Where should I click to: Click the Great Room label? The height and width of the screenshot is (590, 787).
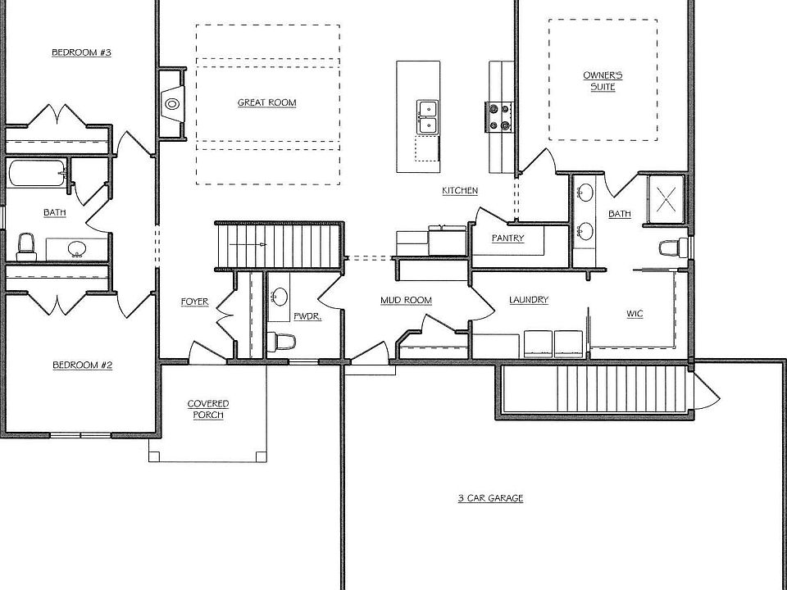click(x=267, y=103)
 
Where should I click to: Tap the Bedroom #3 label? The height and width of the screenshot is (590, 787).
click(x=81, y=52)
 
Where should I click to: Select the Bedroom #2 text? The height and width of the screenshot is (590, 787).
click(x=82, y=365)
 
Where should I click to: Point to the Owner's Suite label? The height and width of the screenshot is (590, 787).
click(x=603, y=81)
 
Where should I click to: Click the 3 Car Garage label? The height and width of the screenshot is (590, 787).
click(x=490, y=498)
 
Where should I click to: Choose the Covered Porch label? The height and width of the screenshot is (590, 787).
click(x=208, y=410)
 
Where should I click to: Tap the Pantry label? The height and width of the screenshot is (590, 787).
click(x=508, y=238)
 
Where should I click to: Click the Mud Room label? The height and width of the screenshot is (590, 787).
click(x=406, y=301)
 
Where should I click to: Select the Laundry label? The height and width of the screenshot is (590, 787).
click(x=529, y=300)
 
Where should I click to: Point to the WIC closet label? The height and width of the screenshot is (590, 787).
click(x=635, y=314)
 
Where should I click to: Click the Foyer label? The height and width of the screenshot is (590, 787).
click(x=195, y=302)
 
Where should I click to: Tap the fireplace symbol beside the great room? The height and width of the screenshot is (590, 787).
click(x=172, y=104)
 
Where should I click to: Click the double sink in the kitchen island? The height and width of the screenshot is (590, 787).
click(x=427, y=117)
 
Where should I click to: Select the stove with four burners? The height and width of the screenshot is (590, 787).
click(x=498, y=117)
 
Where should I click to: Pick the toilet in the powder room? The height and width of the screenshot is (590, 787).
click(x=281, y=343)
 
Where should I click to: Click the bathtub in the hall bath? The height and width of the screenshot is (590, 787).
click(x=37, y=174)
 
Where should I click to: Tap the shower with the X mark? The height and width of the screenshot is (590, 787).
click(x=666, y=198)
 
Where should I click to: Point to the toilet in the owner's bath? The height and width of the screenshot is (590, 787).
click(x=673, y=247)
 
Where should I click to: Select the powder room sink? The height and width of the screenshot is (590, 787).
click(x=279, y=297)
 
